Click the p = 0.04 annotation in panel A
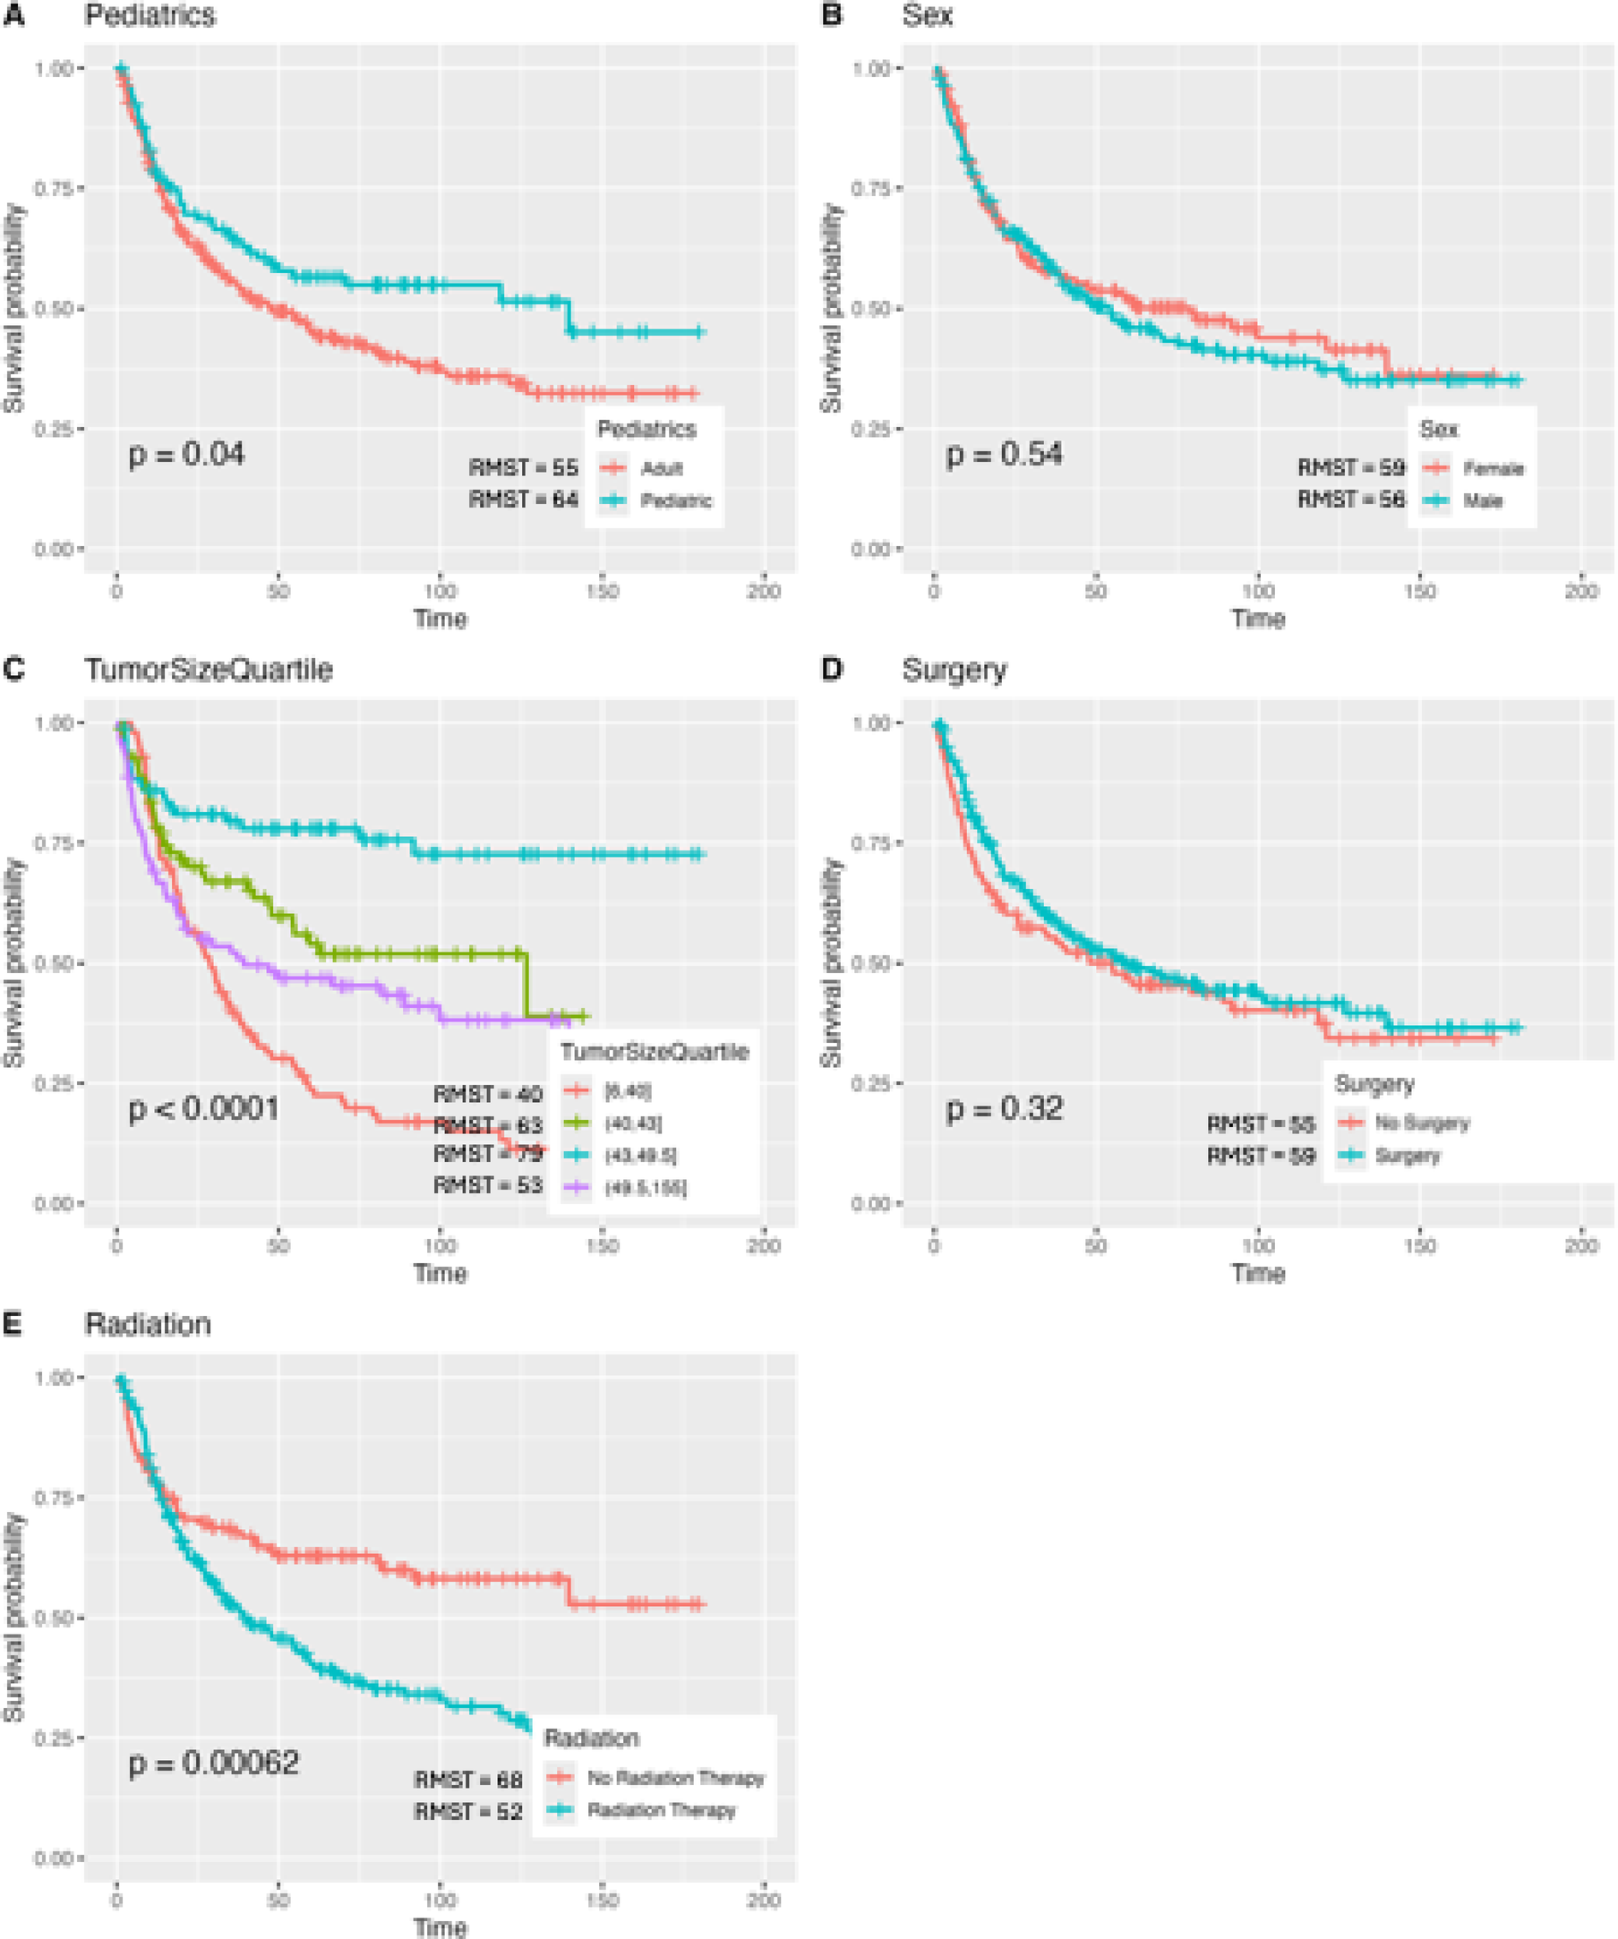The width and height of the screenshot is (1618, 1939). (185, 454)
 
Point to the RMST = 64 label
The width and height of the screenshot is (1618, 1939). (523, 500)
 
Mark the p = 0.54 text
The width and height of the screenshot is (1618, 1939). (1004, 454)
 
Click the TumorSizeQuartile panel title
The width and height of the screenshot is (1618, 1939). (209, 670)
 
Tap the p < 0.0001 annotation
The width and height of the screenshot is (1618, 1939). (203, 1108)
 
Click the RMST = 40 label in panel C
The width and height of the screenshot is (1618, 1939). (487, 1094)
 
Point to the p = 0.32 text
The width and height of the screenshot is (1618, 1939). (1004, 1108)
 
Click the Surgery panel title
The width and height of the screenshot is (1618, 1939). (954, 670)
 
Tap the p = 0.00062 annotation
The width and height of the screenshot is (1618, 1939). (213, 1763)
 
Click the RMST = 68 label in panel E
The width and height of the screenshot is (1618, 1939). (468, 1780)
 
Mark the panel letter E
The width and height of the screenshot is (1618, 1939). (12, 1324)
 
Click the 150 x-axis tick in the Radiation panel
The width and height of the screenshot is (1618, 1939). (602, 1901)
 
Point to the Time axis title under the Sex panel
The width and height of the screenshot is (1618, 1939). (1258, 619)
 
